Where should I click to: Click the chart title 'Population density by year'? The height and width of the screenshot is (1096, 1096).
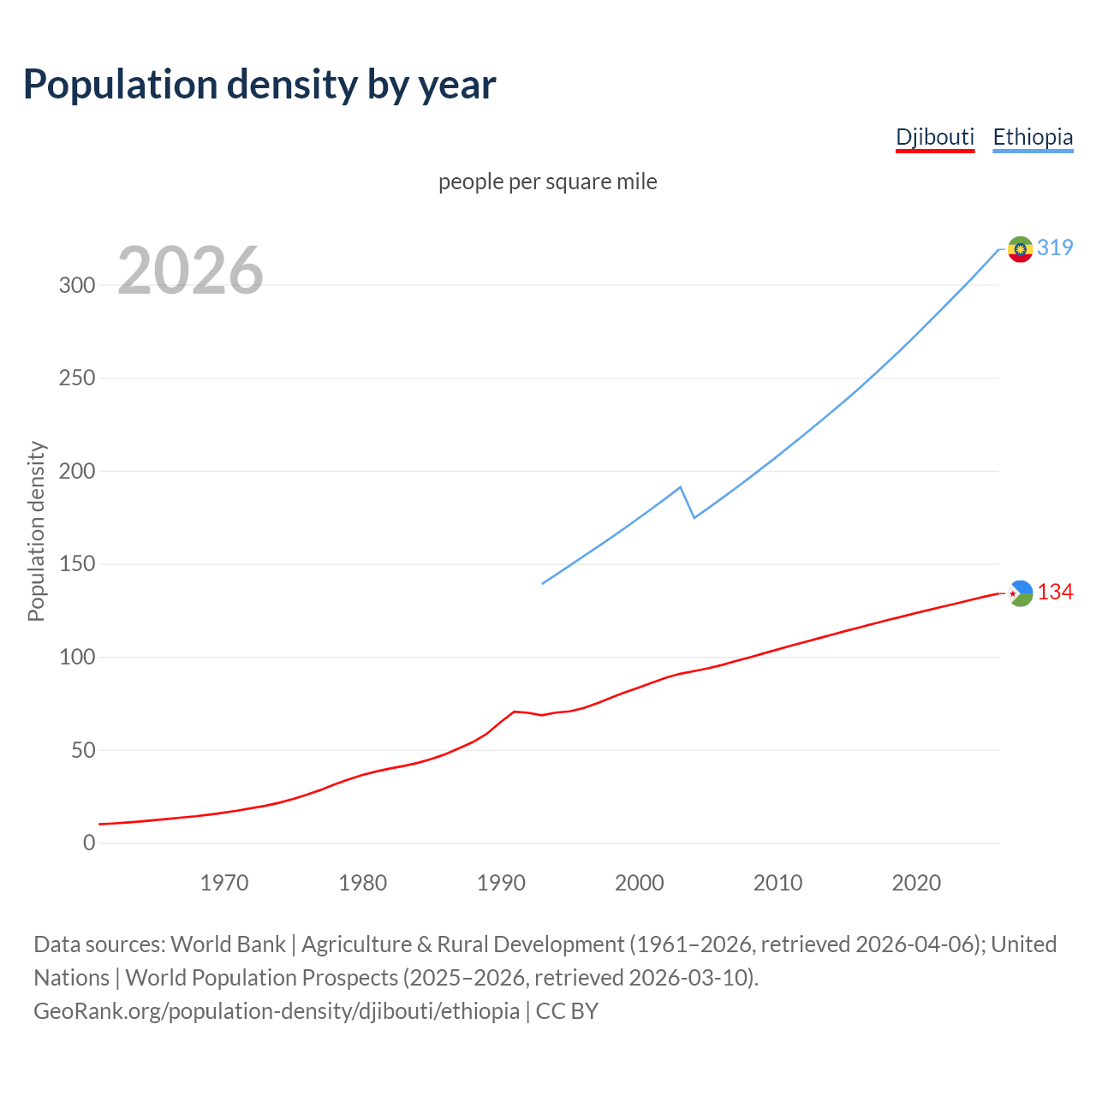pyautogui.click(x=259, y=85)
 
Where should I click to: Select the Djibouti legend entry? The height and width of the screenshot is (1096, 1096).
pyautogui.click(x=935, y=137)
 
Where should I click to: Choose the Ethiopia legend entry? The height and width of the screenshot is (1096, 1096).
pyautogui.click(x=1033, y=137)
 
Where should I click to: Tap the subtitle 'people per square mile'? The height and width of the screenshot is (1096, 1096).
pyautogui.click(x=548, y=182)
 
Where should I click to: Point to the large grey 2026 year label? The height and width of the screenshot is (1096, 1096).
pyautogui.click(x=190, y=271)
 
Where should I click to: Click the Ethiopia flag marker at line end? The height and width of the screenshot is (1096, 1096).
pyautogui.click(x=1020, y=249)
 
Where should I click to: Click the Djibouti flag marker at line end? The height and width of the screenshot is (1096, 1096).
pyautogui.click(x=1020, y=593)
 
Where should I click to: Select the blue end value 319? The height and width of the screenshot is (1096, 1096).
pyautogui.click(x=1055, y=247)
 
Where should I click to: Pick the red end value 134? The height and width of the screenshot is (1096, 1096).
pyautogui.click(x=1055, y=593)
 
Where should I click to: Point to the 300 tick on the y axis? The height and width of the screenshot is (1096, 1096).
pyautogui.click(x=77, y=285)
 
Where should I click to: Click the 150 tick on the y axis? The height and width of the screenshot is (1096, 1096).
pyautogui.click(x=77, y=564)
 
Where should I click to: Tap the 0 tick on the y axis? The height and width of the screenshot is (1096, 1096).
pyautogui.click(x=89, y=843)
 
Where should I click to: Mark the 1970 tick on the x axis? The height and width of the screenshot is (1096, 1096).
pyautogui.click(x=224, y=883)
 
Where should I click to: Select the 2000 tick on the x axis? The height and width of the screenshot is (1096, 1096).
pyautogui.click(x=640, y=883)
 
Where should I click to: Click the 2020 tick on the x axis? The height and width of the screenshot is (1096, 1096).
pyautogui.click(x=916, y=883)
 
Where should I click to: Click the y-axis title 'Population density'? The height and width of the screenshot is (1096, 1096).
pyautogui.click(x=36, y=531)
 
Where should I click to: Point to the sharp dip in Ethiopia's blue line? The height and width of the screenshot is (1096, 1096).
pyautogui.click(x=694, y=517)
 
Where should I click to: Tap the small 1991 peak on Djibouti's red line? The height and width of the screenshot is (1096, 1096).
pyautogui.click(x=514, y=712)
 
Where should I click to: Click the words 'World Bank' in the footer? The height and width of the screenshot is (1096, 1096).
pyautogui.click(x=228, y=944)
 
